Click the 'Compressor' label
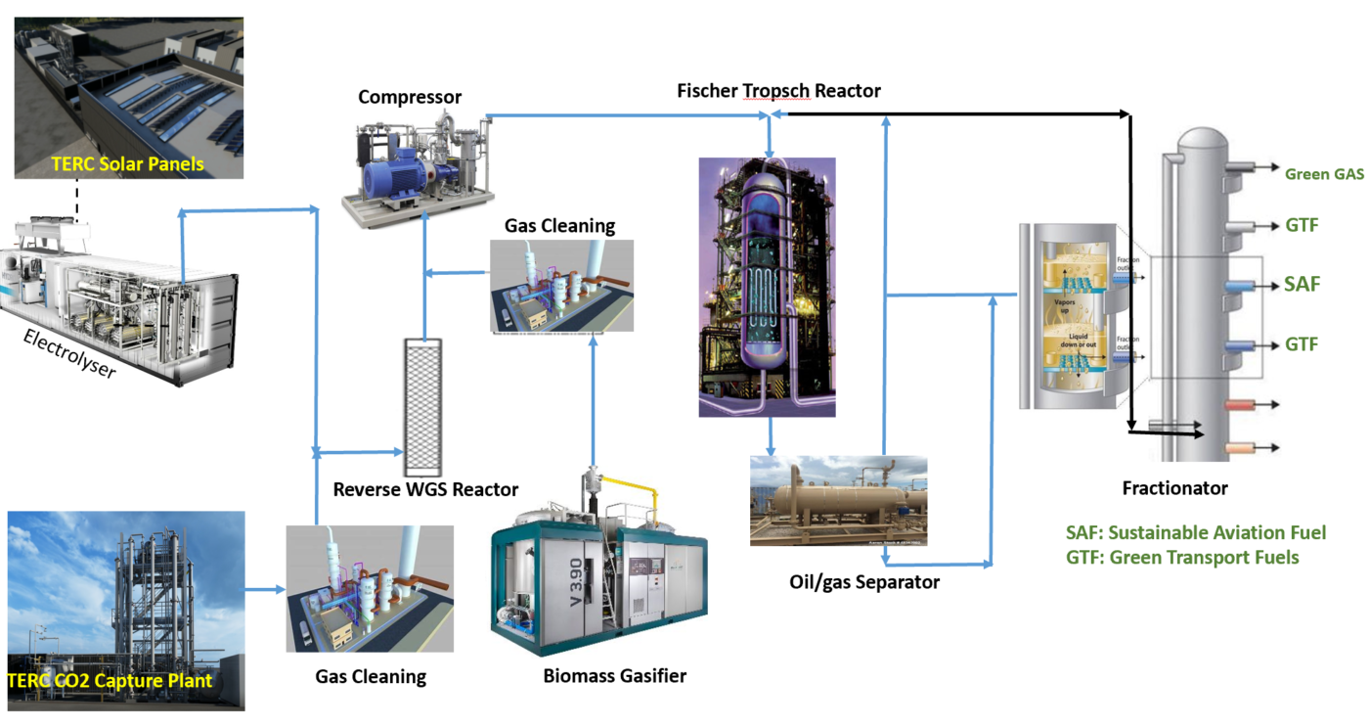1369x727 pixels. click(x=410, y=97)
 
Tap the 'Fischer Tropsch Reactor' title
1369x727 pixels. click(x=778, y=91)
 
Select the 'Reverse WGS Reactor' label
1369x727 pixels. click(x=425, y=489)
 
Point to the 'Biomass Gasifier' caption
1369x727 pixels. click(x=615, y=675)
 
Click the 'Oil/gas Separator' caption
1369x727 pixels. click(x=864, y=582)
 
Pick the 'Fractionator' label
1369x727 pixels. click(x=1174, y=487)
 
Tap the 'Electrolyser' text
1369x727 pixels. click(x=67, y=355)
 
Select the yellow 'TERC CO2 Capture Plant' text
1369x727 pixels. click(x=110, y=680)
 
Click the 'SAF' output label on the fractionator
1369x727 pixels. click(x=1302, y=285)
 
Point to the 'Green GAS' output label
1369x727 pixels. click(x=1324, y=174)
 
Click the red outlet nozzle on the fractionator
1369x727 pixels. click(x=1239, y=404)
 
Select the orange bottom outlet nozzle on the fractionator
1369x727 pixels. click(x=1239, y=449)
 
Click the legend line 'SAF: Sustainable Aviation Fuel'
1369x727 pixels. click(x=1195, y=533)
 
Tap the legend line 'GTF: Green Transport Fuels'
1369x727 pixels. click(x=1181, y=557)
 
